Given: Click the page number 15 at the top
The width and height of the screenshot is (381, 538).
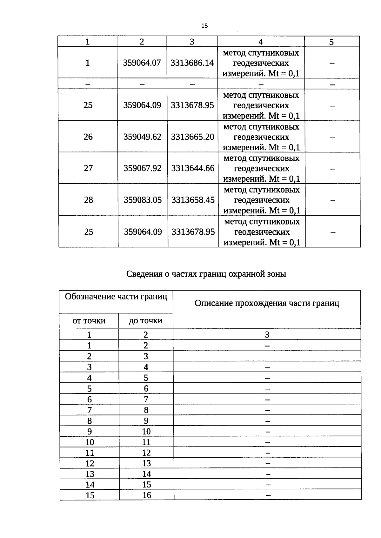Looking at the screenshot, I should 204,26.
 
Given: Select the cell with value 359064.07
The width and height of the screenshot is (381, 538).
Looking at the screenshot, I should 142,63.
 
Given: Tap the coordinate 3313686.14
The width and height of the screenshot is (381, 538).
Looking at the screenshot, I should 192,63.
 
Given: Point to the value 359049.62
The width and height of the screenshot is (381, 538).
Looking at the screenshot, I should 142,137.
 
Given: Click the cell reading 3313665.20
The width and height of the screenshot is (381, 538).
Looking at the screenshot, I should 193,137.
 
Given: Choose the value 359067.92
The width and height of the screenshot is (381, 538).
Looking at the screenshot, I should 143,168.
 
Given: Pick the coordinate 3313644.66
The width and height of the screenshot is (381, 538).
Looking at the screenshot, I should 193,168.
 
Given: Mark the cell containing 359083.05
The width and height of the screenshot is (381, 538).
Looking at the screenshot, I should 143,200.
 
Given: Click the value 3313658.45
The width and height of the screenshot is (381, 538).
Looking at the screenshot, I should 193,200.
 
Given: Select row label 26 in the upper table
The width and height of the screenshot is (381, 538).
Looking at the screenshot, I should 88,137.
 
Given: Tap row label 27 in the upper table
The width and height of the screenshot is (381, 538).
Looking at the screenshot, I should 88,168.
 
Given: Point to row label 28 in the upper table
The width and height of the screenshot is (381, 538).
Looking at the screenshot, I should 88,200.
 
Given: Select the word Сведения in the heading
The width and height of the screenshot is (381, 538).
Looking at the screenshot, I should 144,274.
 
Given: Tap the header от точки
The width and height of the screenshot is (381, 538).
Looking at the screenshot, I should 89,321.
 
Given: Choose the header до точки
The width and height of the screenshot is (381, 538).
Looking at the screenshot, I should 146,321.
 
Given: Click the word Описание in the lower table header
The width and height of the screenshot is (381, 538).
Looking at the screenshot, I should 214,303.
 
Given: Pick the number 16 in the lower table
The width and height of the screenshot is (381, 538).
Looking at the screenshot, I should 147,495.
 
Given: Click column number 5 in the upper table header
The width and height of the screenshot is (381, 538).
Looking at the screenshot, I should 331,42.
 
